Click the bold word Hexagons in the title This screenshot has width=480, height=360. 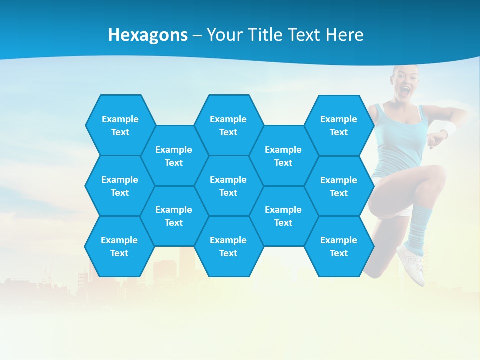tap(148, 35)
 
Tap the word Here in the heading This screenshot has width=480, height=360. tap(344, 35)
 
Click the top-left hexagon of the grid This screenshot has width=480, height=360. tap(120, 125)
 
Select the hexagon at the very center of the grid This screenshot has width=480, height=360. tap(228, 186)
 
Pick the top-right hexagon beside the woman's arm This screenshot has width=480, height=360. tap(339, 125)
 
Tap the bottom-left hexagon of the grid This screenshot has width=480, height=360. tap(119, 246)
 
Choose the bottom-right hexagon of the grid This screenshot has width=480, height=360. tap(339, 246)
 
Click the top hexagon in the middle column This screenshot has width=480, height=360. tap(228, 125)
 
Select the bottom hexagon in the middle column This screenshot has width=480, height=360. tap(228, 246)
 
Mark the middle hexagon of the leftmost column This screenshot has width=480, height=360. tap(120, 186)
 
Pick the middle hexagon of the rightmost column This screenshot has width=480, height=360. tap(339, 186)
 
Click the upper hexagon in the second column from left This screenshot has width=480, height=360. tap(174, 156)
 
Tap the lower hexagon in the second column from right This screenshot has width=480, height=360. tap(283, 216)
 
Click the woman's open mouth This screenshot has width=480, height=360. tap(406, 91)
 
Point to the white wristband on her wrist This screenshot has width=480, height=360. tap(449, 129)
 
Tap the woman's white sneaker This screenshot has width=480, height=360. tap(412, 262)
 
